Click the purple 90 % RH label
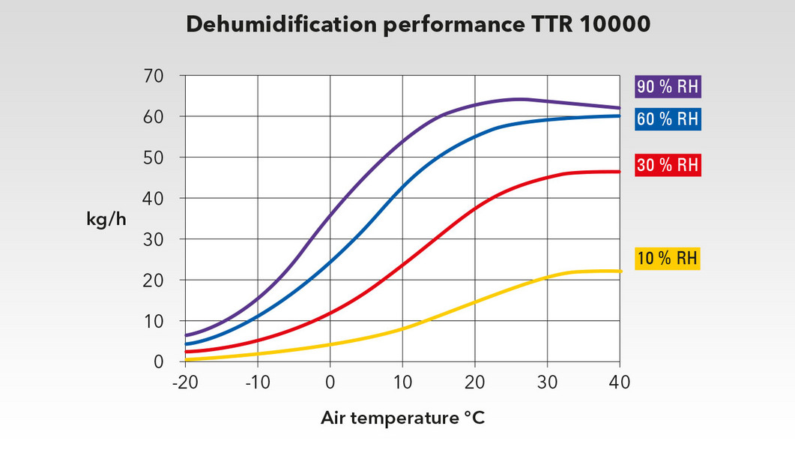click(x=668, y=86)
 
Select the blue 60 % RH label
click(x=668, y=119)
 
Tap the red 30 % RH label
click(x=668, y=165)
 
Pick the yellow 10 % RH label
click(x=667, y=259)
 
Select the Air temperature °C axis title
click(x=403, y=418)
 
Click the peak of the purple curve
click(x=519, y=99)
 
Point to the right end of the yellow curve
click(x=620, y=271)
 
